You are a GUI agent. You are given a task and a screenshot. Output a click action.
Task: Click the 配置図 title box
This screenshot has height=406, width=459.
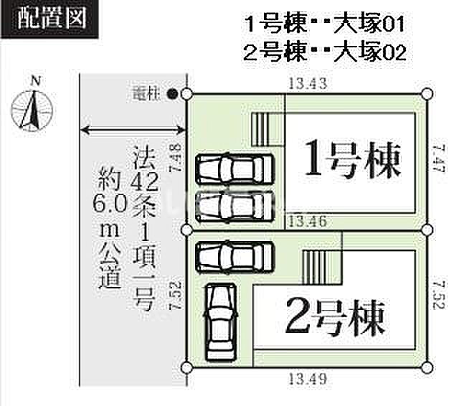point(49,19)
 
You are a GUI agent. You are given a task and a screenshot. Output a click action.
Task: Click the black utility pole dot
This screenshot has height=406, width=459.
point(172,94)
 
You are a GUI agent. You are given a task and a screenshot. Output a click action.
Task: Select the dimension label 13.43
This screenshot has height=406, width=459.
point(308,83)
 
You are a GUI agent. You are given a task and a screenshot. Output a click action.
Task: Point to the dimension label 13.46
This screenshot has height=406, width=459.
point(308,222)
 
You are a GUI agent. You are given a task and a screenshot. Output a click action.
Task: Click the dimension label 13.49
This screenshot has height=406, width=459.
point(308,379)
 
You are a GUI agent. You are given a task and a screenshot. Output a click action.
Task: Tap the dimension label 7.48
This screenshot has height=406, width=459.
point(175,158)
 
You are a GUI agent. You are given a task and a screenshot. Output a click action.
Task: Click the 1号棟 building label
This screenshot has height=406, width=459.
point(351,159)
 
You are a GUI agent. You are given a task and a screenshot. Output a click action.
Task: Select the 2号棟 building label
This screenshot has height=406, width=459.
point(335,317)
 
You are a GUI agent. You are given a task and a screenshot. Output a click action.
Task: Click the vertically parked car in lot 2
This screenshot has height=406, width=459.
point(222,321)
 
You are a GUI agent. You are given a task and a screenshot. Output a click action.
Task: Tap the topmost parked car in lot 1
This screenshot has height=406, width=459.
point(235,169)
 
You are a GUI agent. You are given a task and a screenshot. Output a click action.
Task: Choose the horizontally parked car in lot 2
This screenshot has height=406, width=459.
point(235,258)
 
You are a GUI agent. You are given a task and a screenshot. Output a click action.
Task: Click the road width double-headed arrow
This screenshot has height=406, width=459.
point(133,130)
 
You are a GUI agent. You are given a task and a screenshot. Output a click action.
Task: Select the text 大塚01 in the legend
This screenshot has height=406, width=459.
point(369,24)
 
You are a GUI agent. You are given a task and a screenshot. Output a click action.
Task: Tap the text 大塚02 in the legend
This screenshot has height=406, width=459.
point(370,52)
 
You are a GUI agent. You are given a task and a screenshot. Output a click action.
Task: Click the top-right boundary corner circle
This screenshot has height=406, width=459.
point(427,94)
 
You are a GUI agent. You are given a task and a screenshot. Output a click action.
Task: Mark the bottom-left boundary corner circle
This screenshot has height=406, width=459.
point(186,367)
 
